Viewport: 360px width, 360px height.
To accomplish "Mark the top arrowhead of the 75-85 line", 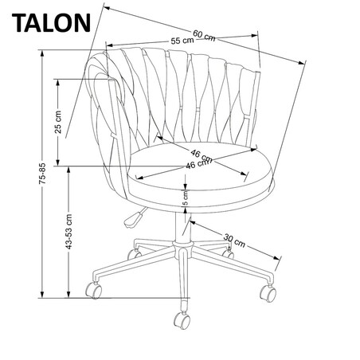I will tap(41, 52).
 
